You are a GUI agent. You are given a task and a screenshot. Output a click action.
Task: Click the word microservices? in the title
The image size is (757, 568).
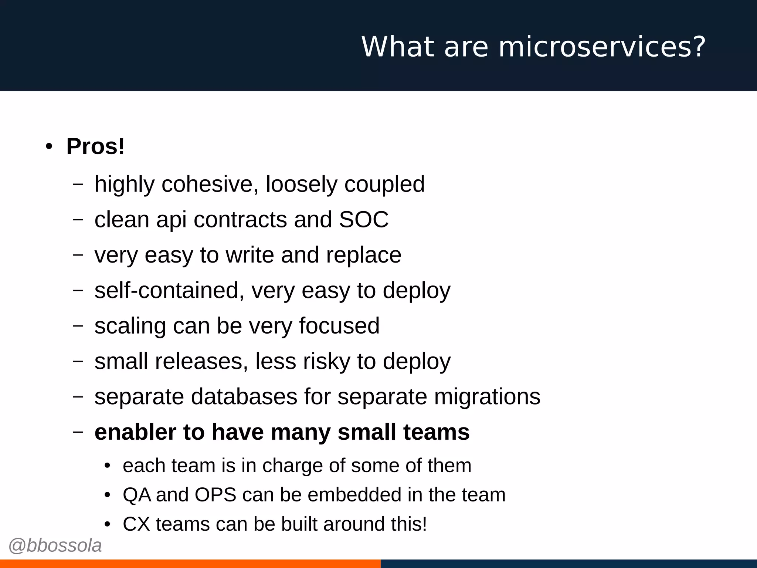tap(602, 47)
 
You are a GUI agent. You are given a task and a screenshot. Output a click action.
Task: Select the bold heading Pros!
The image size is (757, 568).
tap(95, 146)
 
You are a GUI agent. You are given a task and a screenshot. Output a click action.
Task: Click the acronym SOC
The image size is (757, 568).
tap(364, 220)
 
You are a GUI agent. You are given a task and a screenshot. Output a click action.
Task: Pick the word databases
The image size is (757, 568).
tap(244, 397)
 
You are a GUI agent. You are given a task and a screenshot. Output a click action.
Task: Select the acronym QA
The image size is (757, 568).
tap(137, 495)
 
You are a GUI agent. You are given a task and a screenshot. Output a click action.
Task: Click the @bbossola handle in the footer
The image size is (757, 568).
tap(55, 546)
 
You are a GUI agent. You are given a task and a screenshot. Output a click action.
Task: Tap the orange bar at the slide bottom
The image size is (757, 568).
tap(190, 564)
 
